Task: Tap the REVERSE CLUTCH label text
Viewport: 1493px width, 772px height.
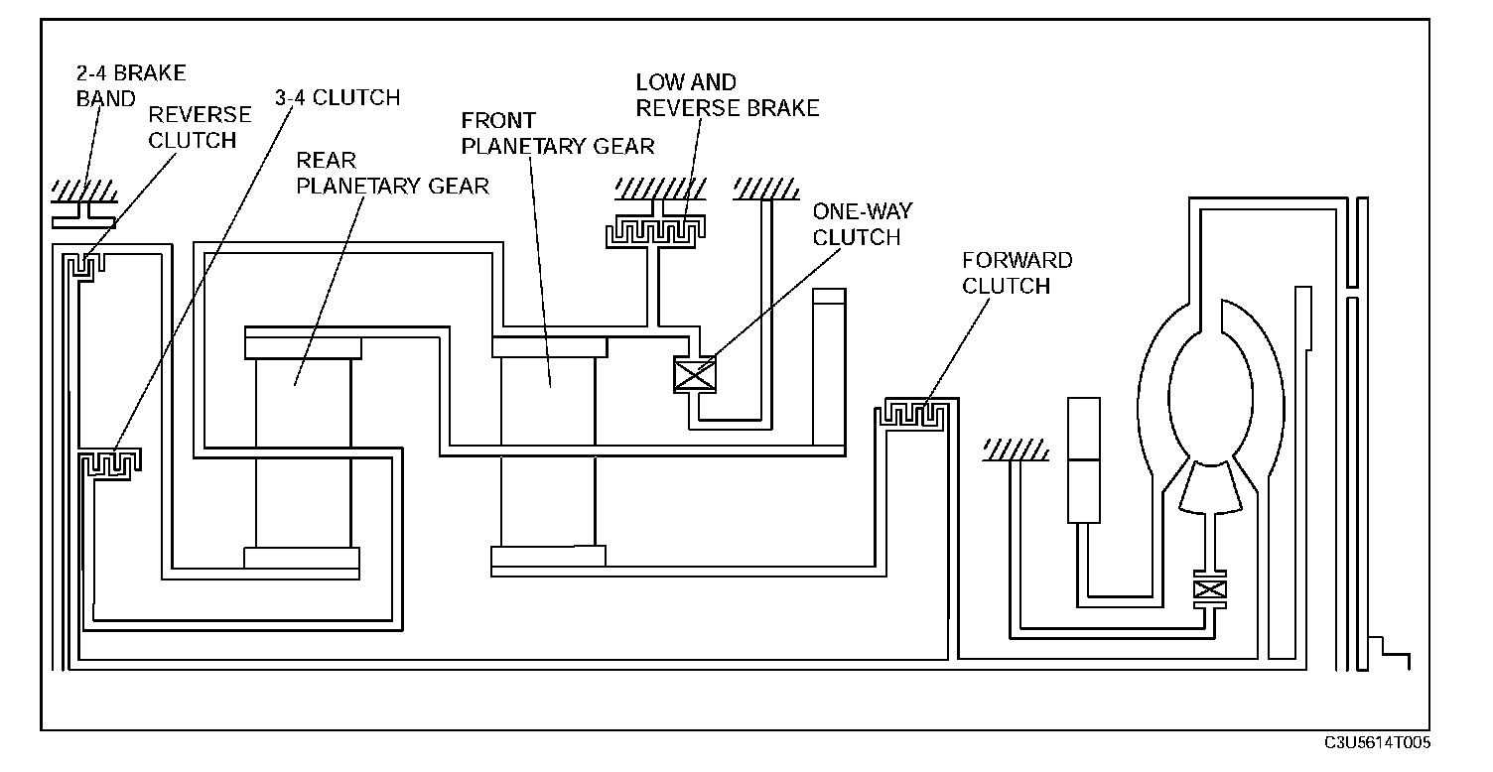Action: tap(200, 127)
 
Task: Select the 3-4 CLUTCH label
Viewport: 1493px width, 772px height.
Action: tap(337, 97)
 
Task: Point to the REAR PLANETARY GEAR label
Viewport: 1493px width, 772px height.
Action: tap(393, 173)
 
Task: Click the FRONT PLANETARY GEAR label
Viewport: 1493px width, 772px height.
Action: tap(557, 133)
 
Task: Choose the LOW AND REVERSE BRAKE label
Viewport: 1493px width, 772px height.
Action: tap(728, 95)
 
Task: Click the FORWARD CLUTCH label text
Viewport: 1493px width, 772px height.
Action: tap(1018, 273)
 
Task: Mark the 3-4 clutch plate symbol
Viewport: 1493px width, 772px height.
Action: tap(110, 462)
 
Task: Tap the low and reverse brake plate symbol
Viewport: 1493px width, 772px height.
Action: tap(655, 231)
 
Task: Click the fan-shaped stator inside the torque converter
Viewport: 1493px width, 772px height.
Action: tap(1208, 489)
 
